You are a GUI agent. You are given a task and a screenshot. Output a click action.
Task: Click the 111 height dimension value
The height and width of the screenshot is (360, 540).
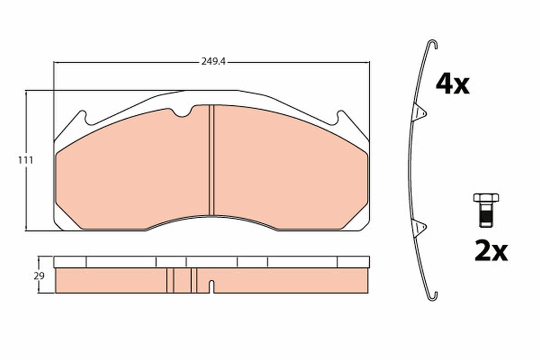pos(26,160)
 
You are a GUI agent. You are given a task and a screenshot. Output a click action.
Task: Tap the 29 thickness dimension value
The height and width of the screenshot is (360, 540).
pos(39,276)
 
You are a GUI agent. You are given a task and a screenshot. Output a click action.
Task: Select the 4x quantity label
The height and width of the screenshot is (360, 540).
pos(452,84)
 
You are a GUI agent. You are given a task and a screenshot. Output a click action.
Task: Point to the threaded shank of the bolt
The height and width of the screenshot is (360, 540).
pos(486,216)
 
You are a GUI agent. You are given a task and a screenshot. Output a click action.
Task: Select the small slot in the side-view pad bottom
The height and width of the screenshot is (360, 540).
pos(211,287)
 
